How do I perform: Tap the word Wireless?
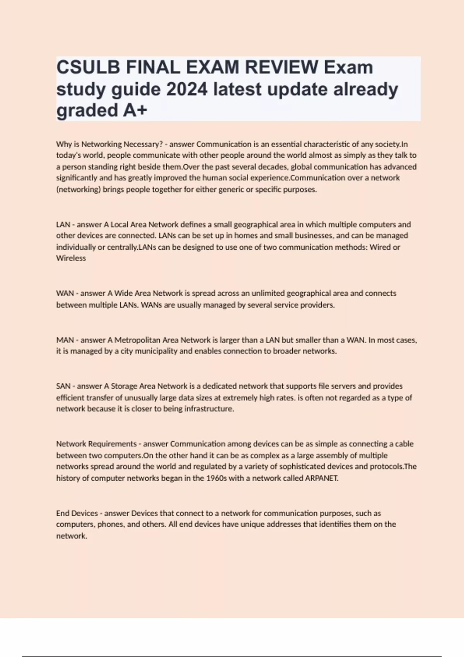pos(71,258)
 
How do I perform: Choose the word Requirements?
pos(113,444)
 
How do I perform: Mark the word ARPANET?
pos(322,478)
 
